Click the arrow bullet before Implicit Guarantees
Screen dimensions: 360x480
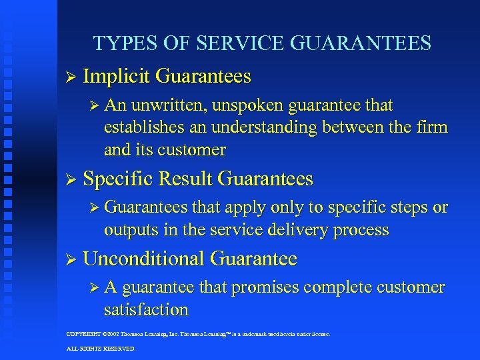pos(69,77)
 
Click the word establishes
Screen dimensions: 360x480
pos(144,127)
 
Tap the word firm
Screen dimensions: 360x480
pos(432,127)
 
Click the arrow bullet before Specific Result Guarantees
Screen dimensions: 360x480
pos(69,179)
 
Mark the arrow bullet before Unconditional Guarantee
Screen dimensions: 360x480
pos(69,259)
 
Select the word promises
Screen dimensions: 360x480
pos(263,287)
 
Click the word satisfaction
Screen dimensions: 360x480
pos(146,310)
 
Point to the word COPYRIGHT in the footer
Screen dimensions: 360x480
pos(83,334)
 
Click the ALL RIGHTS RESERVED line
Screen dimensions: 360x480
pos(101,349)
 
